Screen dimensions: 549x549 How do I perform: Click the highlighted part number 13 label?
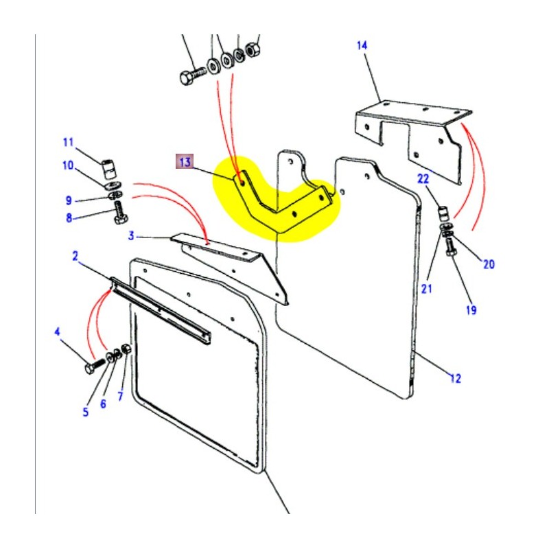point(185,163)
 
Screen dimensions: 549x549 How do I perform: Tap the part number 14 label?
point(362,45)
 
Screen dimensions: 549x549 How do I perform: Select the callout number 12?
point(455,378)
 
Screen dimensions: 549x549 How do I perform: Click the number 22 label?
point(423,179)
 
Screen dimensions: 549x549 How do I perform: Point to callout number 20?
point(488,264)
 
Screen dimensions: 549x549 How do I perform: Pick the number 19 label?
point(471,310)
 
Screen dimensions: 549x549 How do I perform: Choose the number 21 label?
point(427,289)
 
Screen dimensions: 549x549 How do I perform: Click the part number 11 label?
point(68,143)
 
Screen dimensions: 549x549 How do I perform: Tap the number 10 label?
point(68,165)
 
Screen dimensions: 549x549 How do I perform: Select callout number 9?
point(69,200)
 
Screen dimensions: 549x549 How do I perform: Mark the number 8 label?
point(68,219)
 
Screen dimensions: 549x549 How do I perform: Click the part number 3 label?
point(130,237)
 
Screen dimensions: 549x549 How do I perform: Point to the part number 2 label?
point(75,257)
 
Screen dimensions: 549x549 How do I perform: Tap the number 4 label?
point(58,332)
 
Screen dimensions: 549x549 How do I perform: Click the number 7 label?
point(121,397)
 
